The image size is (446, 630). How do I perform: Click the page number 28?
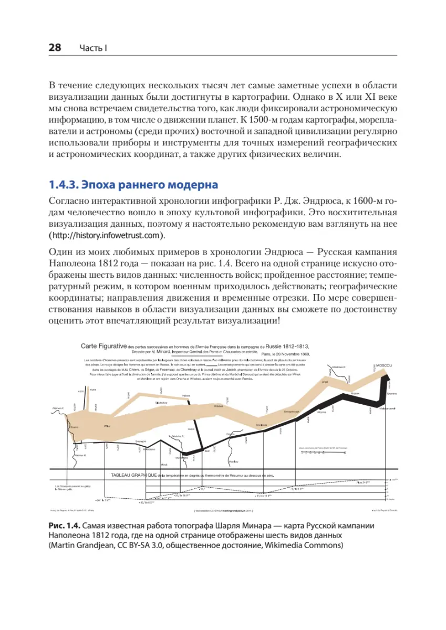(x=55, y=48)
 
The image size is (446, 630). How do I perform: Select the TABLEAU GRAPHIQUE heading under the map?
(x=133, y=475)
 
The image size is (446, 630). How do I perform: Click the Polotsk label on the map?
(x=186, y=395)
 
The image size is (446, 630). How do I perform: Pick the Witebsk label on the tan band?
(x=220, y=406)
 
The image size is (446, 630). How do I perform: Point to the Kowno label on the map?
(x=75, y=427)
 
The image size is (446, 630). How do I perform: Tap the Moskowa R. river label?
(x=338, y=367)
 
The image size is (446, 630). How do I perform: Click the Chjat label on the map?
(x=325, y=382)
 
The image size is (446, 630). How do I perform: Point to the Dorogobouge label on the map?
(x=292, y=411)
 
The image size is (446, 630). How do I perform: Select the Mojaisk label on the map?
(x=355, y=393)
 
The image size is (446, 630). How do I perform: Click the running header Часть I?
(x=94, y=48)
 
